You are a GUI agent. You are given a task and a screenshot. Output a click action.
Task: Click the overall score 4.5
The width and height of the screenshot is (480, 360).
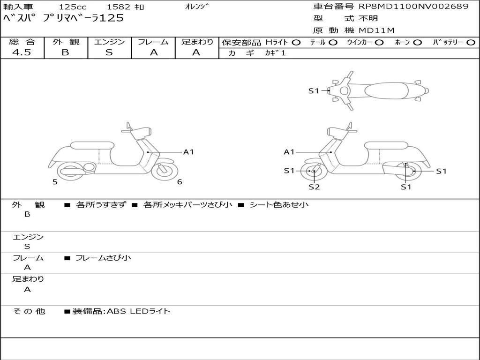[22, 52]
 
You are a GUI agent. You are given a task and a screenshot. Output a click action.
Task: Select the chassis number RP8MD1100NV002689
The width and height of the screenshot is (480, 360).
[413, 7]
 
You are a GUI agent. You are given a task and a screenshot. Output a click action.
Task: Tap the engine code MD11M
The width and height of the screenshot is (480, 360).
[376, 30]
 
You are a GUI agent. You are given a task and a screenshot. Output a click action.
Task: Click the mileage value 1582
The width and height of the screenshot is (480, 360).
[118, 7]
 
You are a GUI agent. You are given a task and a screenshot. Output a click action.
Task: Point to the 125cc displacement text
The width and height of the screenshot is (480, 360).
[73, 7]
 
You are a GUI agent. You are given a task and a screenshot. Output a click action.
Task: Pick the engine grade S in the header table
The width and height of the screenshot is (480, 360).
[109, 52]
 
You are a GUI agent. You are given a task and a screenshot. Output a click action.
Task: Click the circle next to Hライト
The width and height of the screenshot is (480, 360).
[296, 43]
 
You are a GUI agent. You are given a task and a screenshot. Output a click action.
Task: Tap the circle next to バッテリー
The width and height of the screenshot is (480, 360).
[471, 43]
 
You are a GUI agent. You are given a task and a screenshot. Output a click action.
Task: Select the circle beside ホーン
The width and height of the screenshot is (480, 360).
[417, 43]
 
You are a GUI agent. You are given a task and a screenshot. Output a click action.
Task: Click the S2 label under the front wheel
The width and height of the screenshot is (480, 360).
[314, 187]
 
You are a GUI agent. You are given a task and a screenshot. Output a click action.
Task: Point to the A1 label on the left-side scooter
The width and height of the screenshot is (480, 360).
[188, 152]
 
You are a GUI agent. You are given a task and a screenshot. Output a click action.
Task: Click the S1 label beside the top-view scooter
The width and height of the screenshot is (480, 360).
[314, 90]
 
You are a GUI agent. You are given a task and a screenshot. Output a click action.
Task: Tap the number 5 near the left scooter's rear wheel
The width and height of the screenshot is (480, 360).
[55, 182]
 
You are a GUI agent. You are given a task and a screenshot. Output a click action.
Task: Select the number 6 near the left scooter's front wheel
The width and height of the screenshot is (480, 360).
[180, 182]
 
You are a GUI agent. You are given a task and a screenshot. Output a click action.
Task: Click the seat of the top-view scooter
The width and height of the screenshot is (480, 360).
[386, 90]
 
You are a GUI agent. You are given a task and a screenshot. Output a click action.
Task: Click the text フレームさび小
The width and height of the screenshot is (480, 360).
[103, 258]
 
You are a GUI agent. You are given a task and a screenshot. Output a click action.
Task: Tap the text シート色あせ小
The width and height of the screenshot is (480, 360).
[279, 204]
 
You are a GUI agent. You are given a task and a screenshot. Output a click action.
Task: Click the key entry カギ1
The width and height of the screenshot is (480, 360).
[275, 52]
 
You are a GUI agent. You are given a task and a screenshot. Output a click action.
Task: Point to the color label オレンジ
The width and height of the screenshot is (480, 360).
[196, 7]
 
